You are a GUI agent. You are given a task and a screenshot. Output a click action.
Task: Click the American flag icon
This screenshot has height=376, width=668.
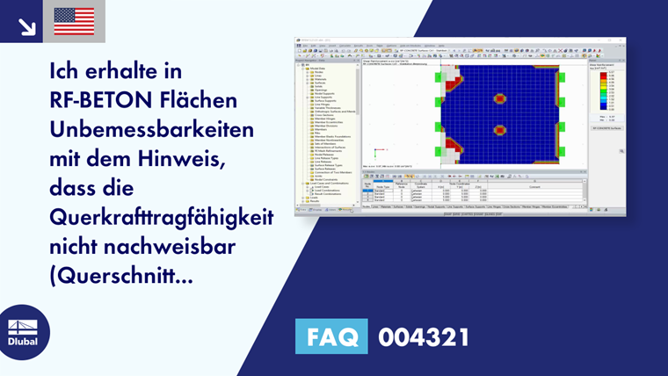pyautogui.click(x=74, y=21)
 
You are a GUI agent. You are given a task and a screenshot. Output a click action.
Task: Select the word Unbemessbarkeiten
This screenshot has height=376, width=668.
pyautogui.click(x=153, y=129)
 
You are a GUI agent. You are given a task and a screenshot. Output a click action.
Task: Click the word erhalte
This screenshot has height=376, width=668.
pyautogui.click(x=133, y=69)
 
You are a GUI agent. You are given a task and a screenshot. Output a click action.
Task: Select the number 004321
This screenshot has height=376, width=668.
pyautogui.click(x=424, y=336)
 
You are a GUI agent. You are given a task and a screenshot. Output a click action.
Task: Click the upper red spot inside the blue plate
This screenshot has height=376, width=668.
pyautogui.click(x=501, y=98)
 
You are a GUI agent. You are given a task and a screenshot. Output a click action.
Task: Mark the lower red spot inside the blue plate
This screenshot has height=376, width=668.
pyautogui.click(x=501, y=129)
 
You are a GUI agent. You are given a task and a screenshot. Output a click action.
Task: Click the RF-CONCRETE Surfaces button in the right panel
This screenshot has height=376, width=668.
pyautogui.click(x=605, y=128)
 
